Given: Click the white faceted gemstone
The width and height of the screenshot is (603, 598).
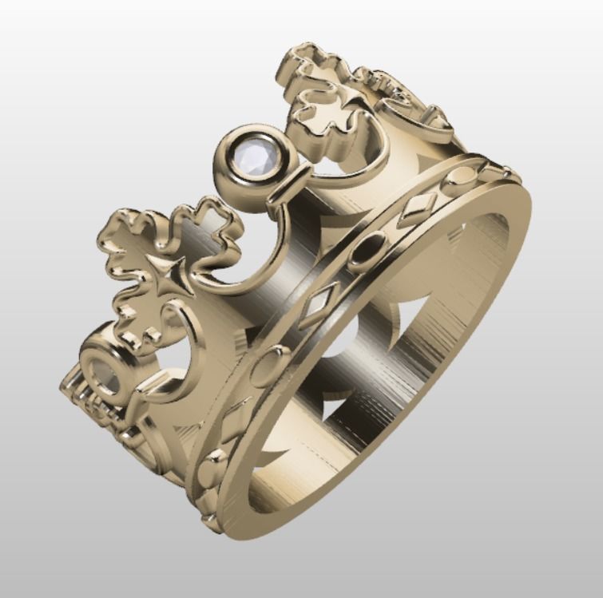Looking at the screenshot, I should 253,156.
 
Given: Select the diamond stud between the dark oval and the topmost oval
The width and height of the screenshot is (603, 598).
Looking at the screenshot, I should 416,207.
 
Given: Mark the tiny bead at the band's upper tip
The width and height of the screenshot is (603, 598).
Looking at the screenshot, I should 505,170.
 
